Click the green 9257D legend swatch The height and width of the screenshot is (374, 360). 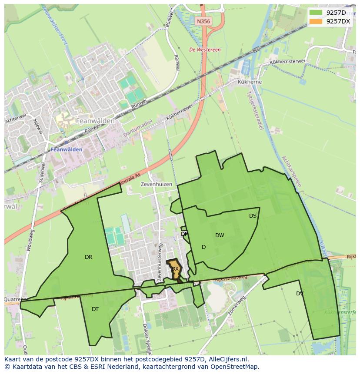pos(316,13)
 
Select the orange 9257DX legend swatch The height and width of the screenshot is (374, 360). pos(316,21)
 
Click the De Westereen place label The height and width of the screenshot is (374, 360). pos(205,50)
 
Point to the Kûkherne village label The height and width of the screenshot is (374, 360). pos(250,82)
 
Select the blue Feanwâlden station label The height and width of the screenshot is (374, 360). pos(67,149)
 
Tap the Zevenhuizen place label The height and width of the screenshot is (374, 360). pos(157,184)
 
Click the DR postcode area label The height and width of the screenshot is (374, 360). pos(88,257)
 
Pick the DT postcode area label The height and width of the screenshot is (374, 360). pos(95,309)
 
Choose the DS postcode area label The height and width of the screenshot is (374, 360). pos(253,216)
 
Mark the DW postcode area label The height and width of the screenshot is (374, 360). pos(220,235)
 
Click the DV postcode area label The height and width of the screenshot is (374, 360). pos(300,294)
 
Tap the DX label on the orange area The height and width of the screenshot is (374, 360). pos(175,269)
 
